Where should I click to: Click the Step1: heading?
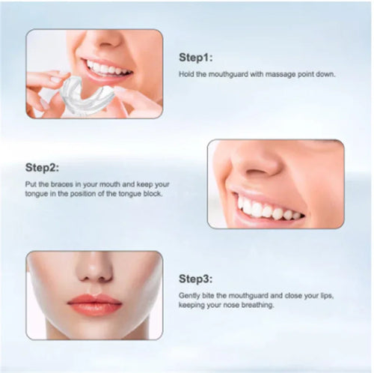pyautogui.click(x=195, y=57)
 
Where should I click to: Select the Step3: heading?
pyautogui.click(x=196, y=279)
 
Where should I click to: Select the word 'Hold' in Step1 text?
pyautogui.click(x=186, y=75)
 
